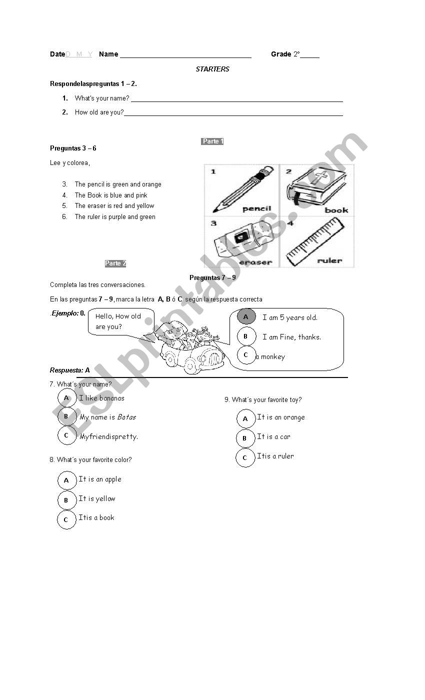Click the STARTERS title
pyautogui.click(x=212, y=69)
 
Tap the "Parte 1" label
pyautogui.click(x=212, y=141)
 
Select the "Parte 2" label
pyautogui.click(x=115, y=263)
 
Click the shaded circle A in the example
pyautogui.click(x=246, y=317)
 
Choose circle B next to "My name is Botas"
pyautogui.click(x=66, y=416)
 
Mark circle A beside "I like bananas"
pyautogui.click(x=66, y=398)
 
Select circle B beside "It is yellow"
pyautogui.click(x=66, y=500)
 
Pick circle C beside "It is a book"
pyautogui.click(x=66, y=519)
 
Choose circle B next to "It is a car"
pyautogui.click(x=245, y=438)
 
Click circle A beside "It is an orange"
pyautogui.click(x=245, y=419)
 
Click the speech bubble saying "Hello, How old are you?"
pyautogui.click(x=120, y=321)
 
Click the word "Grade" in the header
pyautogui.click(x=281, y=54)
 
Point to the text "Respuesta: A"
pyautogui.click(x=70, y=370)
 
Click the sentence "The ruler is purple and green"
pyautogui.click(x=115, y=217)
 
